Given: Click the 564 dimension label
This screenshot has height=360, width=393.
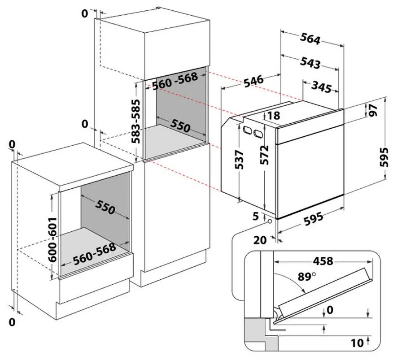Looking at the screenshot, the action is (310, 39).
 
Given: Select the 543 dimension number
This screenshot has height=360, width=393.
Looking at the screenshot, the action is (310, 63).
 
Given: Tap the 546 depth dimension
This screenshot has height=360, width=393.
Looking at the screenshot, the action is (253, 81).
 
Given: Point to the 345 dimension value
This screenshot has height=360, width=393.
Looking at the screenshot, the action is (322, 87).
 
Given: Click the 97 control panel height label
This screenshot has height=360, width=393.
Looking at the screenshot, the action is (373, 110).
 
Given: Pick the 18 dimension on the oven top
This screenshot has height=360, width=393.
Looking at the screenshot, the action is (274, 116).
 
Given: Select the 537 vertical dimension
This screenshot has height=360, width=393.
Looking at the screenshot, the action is (240, 159).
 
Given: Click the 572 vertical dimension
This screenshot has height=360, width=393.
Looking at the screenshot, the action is (264, 155).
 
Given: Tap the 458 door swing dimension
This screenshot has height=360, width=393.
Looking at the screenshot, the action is (323, 261).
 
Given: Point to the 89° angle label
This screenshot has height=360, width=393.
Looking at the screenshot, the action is (307, 277).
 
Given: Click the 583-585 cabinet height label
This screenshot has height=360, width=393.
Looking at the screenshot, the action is (136, 121).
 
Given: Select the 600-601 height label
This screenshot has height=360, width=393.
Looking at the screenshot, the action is (53, 239).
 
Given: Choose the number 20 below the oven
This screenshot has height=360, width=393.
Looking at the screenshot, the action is (260, 240).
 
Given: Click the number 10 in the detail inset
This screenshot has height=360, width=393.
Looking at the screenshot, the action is (357, 343).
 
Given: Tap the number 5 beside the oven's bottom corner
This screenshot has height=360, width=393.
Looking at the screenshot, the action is (255, 216).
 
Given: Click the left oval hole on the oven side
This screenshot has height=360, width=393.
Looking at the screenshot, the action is (247, 130).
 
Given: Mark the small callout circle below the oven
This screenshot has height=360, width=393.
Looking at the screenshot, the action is (270, 221).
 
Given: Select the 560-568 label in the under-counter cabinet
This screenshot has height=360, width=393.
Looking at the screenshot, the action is (95, 253).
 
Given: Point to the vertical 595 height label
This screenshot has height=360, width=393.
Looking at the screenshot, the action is (384, 157).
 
